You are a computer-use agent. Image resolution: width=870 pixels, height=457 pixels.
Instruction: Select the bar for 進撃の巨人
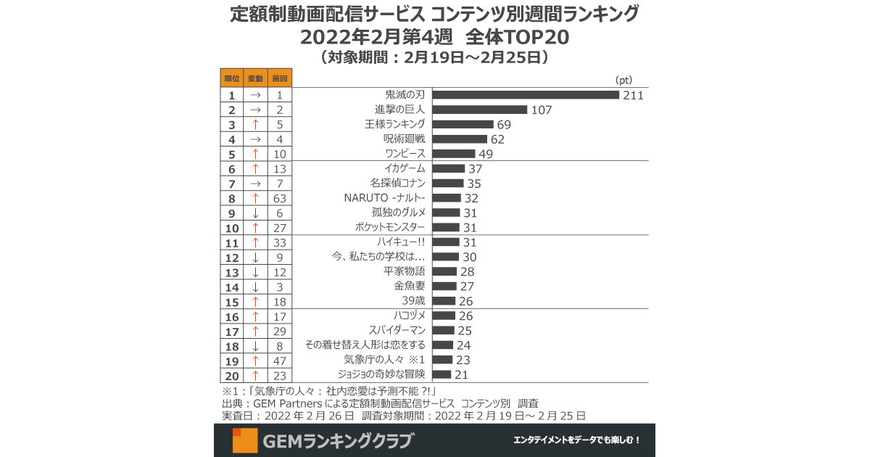click(x=480, y=110)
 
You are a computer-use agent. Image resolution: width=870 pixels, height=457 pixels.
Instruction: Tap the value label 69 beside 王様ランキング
click(x=503, y=125)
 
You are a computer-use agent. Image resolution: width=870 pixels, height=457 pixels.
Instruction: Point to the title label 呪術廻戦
click(x=405, y=139)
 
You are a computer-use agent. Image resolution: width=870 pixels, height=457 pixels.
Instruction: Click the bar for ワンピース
click(x=454, y=154)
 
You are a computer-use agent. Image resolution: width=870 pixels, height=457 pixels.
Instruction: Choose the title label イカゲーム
click(x=404, y=169)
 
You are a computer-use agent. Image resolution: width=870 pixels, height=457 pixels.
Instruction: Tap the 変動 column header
click(x=255, y=78)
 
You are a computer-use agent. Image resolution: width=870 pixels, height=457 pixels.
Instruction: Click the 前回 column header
click(x=279, y=78)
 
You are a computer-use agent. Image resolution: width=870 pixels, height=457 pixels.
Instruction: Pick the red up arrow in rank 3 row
click(x=255, y=125)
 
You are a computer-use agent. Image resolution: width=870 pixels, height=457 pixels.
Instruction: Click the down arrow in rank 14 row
click(x=255, y=287)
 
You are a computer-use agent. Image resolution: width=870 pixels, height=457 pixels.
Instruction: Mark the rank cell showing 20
click(x=232, y=375)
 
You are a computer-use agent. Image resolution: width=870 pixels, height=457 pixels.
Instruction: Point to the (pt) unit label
click(x=623, y=80)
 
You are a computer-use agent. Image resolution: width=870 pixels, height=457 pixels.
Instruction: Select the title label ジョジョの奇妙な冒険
click(x=381, y=374)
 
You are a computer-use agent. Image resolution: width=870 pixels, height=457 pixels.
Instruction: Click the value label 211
click(x=633, y=95)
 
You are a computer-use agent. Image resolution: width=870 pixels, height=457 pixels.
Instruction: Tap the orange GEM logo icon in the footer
click(x=244, y=440)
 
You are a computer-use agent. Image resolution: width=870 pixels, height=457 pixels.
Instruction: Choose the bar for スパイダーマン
click(x=444, y=331)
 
